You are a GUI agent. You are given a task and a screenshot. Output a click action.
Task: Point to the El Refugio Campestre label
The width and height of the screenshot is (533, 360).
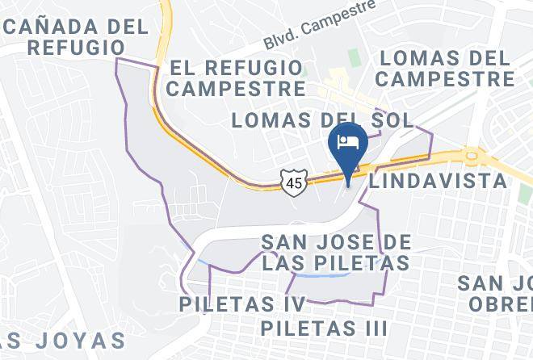235,77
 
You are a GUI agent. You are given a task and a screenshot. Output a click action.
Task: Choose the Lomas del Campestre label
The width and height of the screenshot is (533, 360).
445,69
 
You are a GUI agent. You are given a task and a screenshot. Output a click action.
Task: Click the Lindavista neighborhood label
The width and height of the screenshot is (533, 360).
439,181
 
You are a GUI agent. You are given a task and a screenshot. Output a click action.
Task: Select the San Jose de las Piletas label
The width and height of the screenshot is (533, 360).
336,252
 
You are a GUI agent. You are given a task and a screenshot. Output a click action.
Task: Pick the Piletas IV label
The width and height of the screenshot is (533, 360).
242,304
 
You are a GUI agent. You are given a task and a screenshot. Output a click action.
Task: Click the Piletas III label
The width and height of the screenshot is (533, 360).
324,329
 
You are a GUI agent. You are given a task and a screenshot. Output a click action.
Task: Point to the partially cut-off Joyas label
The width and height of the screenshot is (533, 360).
63,339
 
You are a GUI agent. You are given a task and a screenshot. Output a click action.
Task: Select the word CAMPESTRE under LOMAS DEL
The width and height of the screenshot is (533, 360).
445,79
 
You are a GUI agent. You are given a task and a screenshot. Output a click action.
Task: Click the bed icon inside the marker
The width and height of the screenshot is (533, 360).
348,142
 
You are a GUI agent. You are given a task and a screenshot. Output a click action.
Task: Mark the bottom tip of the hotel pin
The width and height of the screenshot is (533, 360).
348,182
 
